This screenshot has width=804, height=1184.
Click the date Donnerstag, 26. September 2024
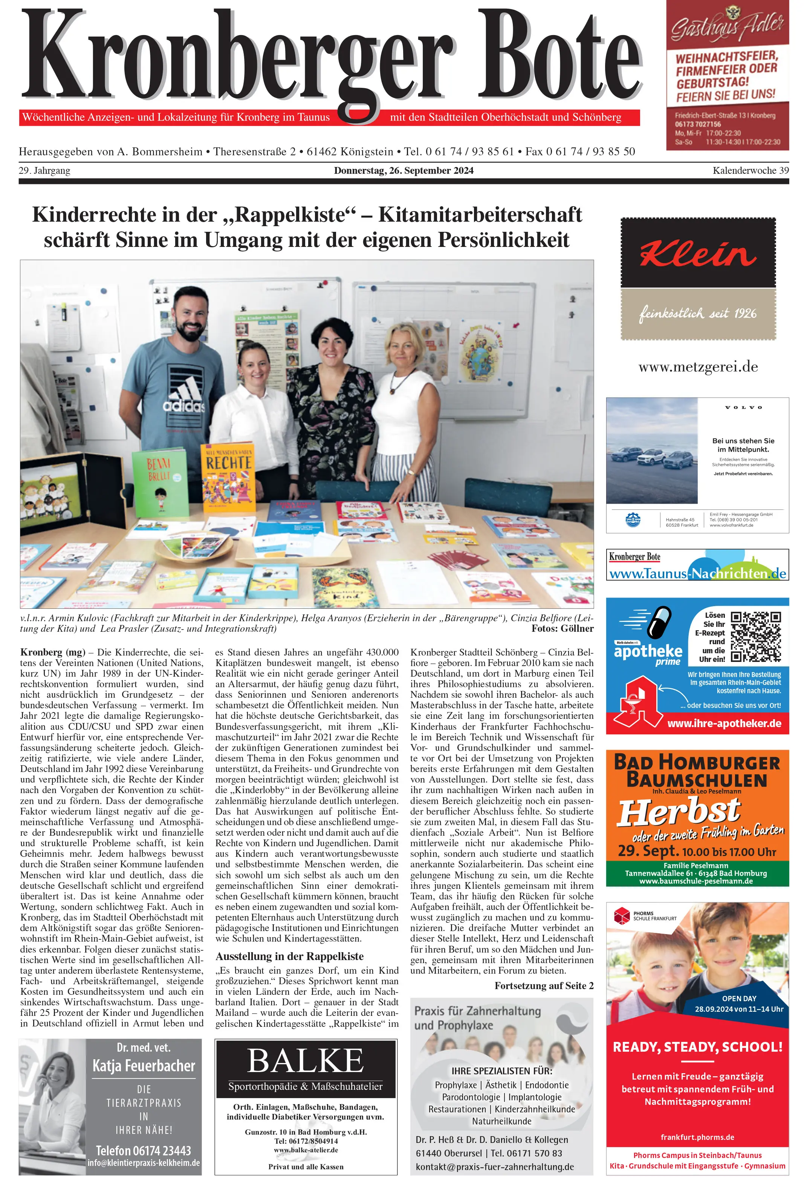403,171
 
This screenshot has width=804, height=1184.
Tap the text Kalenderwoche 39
750,171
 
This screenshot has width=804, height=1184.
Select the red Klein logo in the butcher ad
698,254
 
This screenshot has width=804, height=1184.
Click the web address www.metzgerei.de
698,367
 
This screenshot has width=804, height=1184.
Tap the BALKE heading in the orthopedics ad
306,1062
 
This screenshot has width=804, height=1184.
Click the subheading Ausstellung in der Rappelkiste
289,956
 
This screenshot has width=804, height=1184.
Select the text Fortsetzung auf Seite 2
543,985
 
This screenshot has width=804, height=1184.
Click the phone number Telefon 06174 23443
143,1150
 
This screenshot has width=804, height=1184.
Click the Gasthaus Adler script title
727,26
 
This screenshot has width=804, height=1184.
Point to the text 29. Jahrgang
44,171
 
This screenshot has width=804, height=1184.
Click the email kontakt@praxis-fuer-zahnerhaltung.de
494,1167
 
